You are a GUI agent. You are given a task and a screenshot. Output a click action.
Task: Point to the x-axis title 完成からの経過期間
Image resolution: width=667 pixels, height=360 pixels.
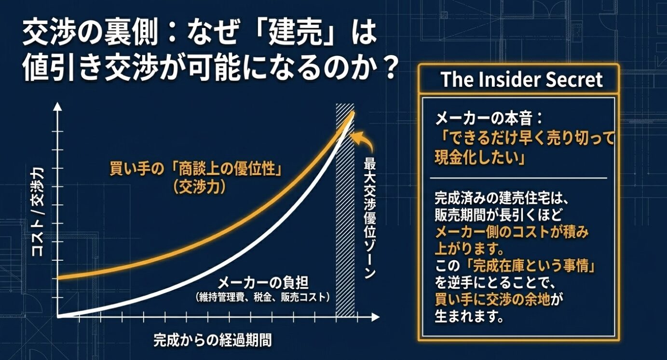tap(212, 340)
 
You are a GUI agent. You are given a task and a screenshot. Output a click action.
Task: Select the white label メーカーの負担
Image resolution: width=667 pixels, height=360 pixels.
tap(262, 282)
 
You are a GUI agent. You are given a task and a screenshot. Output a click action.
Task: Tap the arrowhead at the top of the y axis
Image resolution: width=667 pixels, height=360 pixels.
tap(58, 107)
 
